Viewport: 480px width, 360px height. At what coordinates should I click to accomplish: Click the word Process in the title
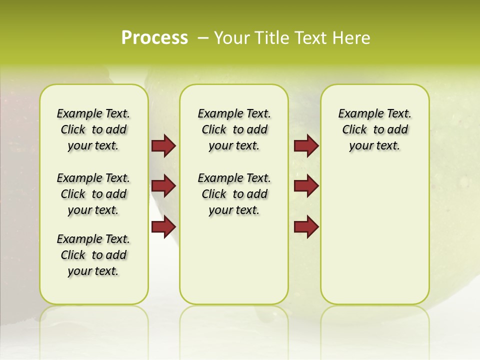tap(154, 38)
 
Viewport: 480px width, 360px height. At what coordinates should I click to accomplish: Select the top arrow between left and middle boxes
tap(163, 145)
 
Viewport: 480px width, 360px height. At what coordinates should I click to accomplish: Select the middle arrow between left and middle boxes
tap(163, 186)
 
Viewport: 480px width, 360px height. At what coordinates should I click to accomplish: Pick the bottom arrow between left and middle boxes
tap(163, 226)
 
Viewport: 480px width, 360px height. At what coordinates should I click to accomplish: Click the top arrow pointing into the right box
tap(306, 145)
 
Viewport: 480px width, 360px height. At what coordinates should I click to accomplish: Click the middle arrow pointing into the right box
tap(306, 186)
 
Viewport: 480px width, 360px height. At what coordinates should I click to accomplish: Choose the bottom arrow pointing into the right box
tap(306, 226)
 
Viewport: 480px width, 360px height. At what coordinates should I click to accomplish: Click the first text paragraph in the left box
tap(93, 129)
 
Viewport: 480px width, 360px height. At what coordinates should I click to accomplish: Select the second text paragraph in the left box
tap(93, 194)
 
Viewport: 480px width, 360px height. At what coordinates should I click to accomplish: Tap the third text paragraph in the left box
tap(93, 255)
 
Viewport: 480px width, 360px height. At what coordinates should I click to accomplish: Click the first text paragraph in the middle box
tap(234, 129)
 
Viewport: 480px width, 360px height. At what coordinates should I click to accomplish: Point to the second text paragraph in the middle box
tap(234, 194)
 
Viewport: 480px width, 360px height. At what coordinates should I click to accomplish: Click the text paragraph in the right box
tap(374, 129)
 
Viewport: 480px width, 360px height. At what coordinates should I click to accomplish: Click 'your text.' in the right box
tap(374, 146)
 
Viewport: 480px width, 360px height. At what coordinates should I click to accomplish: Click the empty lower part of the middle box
tap(234, 265)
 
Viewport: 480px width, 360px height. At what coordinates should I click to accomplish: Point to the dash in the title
tap(203, 38)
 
